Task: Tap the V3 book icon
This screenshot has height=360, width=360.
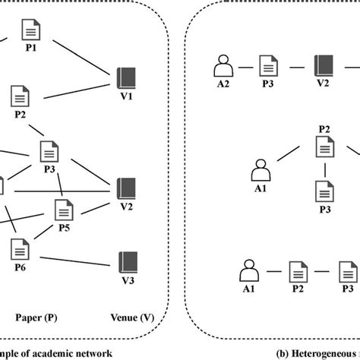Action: pos(125,261)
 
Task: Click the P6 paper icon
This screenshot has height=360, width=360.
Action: pos(21,248)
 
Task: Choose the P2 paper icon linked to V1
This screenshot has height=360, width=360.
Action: pos(20,96)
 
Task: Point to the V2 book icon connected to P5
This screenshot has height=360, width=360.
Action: pos(125,186)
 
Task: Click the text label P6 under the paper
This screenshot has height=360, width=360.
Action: pos(21,267)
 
